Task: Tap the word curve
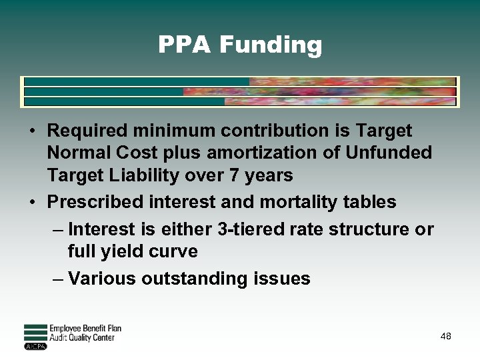175,252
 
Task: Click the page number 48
446,337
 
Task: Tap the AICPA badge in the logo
35,347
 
